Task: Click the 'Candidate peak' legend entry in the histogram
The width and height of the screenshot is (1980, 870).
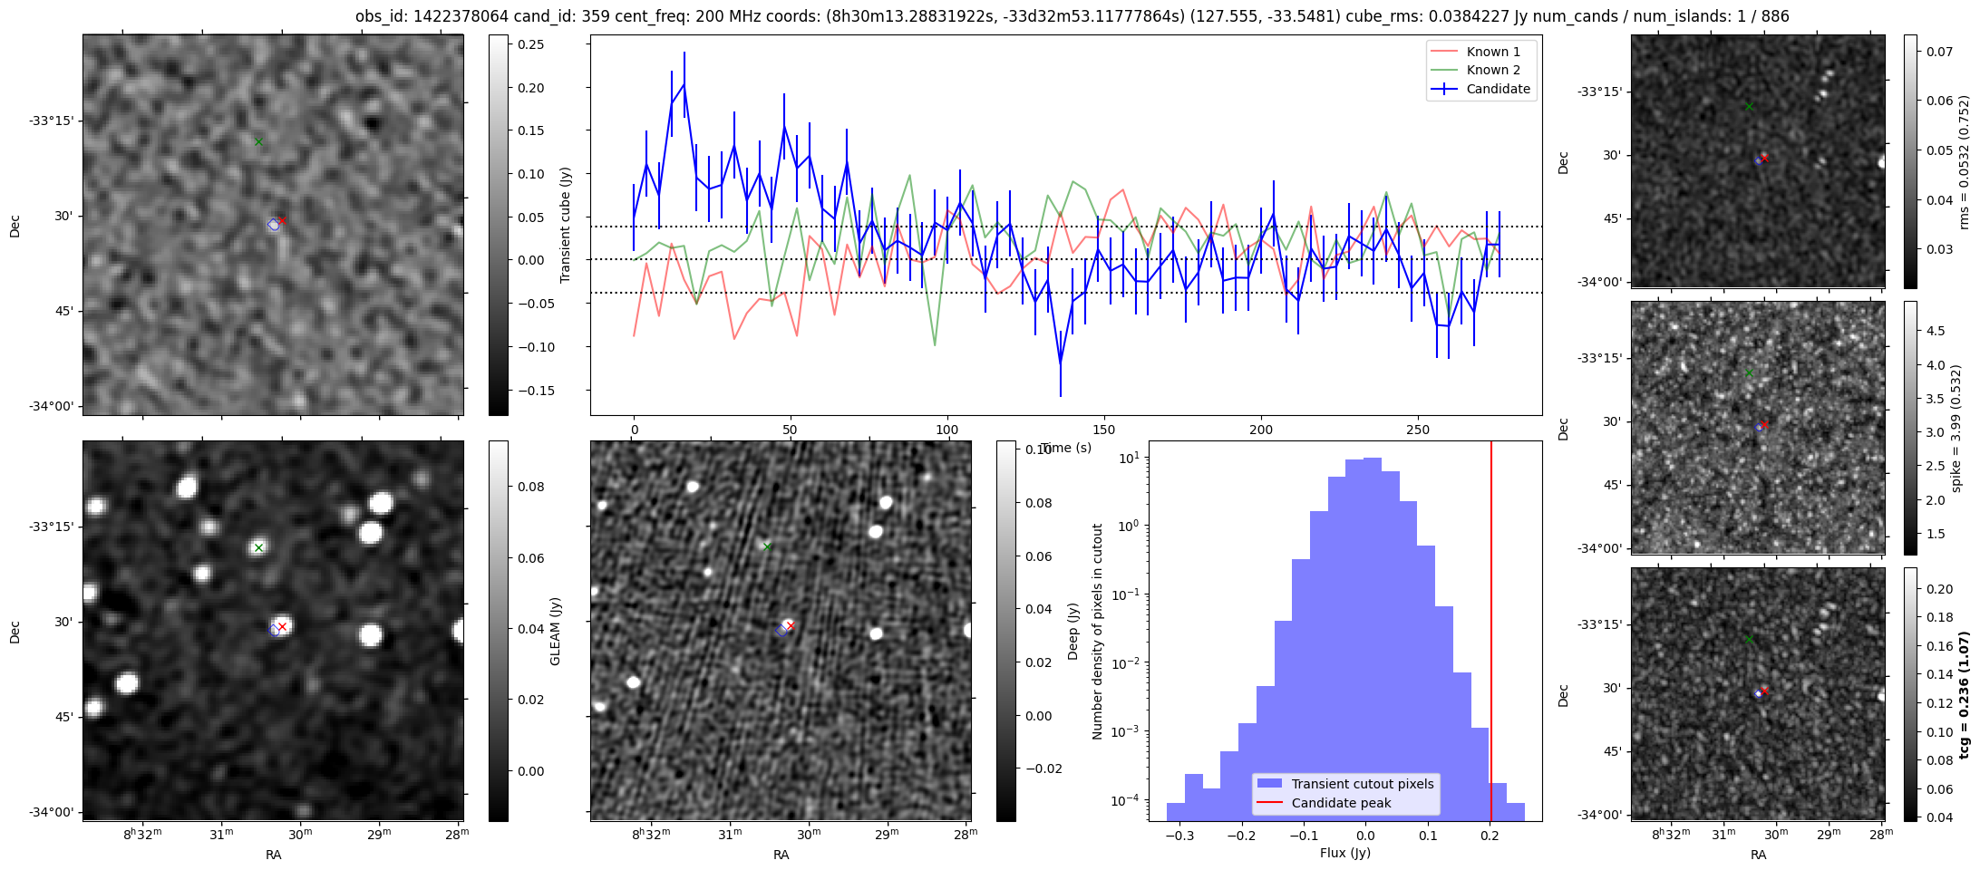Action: (1341, 803)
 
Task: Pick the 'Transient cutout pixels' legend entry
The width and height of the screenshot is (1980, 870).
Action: (1363, 784)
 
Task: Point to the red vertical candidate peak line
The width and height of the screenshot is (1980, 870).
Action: (1491, 634)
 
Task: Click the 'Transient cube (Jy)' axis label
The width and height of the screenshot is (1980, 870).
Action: (566, 225)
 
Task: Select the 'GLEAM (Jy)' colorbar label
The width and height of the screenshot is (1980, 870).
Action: (555, 631)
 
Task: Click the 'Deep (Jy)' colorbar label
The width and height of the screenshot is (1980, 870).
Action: (1073, 631)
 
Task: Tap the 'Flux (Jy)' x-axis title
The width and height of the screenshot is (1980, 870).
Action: (1345, 853)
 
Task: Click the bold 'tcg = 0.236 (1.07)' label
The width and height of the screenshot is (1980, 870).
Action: (1964, 694)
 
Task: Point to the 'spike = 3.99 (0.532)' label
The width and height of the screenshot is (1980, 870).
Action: (1956, 429)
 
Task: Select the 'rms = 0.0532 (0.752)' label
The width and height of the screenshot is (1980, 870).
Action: (1964, 162)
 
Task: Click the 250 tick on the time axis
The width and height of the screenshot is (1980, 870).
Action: (1417, 430)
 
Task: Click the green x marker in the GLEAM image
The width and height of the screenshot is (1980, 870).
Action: (258, 547)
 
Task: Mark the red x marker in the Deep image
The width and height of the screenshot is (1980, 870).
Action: (791, 625)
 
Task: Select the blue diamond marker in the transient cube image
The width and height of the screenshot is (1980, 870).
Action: (274, 225)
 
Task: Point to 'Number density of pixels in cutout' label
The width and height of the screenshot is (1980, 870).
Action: (1098, 631)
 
